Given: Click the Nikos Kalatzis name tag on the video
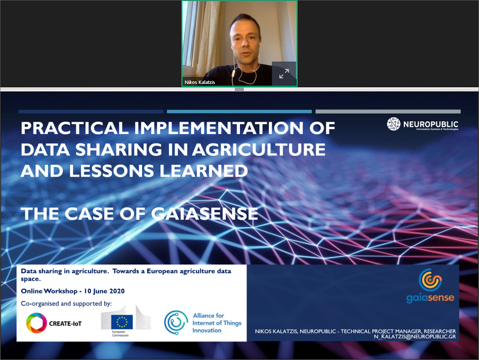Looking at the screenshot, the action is [x=200, y=82].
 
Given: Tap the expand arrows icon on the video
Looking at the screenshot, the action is [x=284, y=73].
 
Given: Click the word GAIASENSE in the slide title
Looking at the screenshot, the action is [x=205, y=213].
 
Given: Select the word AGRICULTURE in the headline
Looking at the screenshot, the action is [x=259, y=149].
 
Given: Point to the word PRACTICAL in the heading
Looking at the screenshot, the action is [x=74, y=128].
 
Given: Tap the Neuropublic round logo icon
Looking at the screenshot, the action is [x=393, y=124].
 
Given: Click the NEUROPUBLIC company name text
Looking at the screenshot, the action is [x=431, y=124].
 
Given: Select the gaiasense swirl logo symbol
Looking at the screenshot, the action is [x=430, y=279].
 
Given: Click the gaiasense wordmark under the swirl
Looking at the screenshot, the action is [x=430, y=298].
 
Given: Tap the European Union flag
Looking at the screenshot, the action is [x=122, y=322].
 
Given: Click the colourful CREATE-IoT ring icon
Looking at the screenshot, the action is [x=36, y=323].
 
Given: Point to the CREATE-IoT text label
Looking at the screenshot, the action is [x=65, y=324].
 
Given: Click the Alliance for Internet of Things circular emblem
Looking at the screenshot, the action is [x=176, y=322].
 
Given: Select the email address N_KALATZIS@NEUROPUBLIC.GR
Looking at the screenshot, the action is [x=415, y=337].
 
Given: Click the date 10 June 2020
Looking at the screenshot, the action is [x=104, y=291].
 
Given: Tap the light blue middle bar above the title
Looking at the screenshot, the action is [x=239, y=112].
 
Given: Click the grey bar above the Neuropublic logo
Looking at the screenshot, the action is [x=388, y=112].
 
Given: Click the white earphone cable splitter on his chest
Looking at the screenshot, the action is [x=234, y=73].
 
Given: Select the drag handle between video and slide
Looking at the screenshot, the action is [x=239, y=89].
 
